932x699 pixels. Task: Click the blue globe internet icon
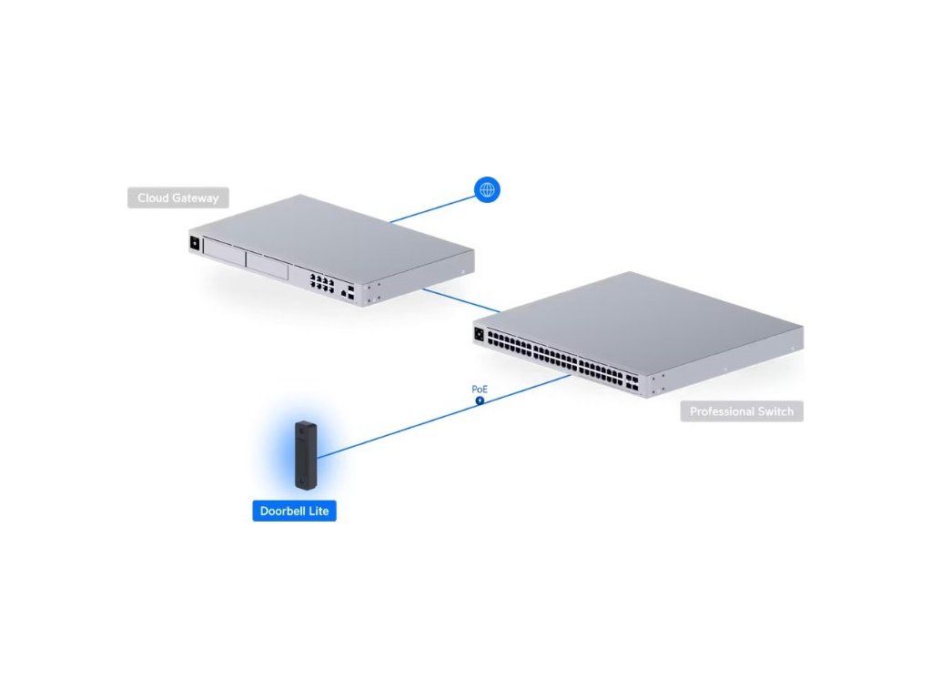(488, 189)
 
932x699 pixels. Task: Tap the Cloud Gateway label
(178, 198)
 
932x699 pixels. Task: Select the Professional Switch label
(741, 411)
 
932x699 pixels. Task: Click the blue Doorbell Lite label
(294, 512)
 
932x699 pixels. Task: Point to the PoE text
(480, 390)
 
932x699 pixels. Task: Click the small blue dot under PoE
(480, 400)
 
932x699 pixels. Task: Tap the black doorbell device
(303, 454)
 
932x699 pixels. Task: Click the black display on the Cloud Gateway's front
(194, 244)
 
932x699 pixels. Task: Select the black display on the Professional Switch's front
(480, 333)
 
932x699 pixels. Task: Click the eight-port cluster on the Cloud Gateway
(320, 280)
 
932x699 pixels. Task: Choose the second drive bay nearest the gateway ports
(268, 267)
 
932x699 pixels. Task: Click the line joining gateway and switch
(461, 300)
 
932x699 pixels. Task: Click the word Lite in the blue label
(316, 512)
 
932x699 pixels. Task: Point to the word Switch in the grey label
(772, 411)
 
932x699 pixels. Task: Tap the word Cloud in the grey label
(155, 198)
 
